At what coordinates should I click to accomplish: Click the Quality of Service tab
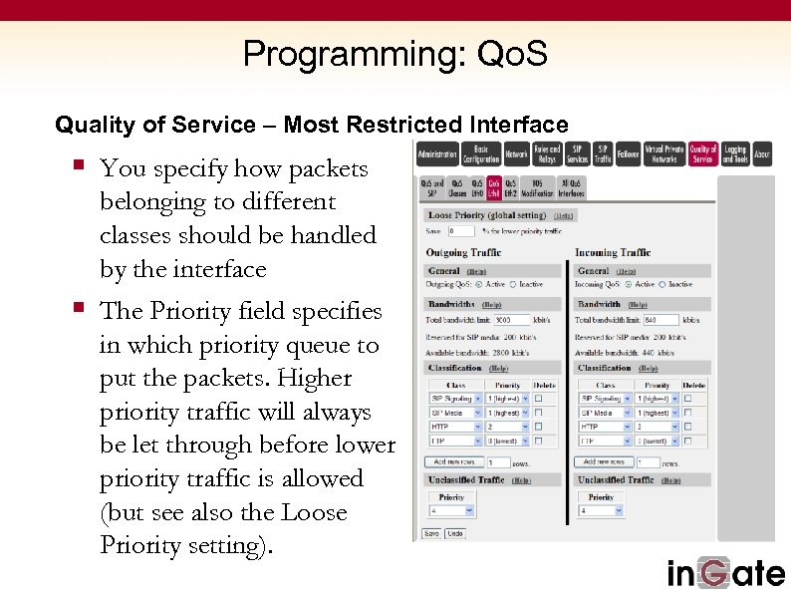click(x=702, y=154)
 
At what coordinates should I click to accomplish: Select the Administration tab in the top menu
click(x=437, y=154)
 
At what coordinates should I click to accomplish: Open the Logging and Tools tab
click(x=735, y=154)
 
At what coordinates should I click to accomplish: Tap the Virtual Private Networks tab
click(x=664, y=154)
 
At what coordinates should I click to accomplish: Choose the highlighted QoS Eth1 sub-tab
click(x=495, y=187)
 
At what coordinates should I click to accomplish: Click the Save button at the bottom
click(x=431, y=533)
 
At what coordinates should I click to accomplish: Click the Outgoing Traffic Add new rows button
click(x=454, y=462)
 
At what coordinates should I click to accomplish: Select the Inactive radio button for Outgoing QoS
click(x=514, y=284)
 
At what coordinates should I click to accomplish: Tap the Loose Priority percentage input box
click(x=462, y=231)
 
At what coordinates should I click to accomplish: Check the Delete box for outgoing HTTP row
click(x=539, y=426)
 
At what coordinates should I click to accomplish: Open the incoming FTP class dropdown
click(x=604, y=440)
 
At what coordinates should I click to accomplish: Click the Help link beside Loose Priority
click(x=564, y=215)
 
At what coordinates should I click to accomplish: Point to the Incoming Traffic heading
click(x=613, y=253)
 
